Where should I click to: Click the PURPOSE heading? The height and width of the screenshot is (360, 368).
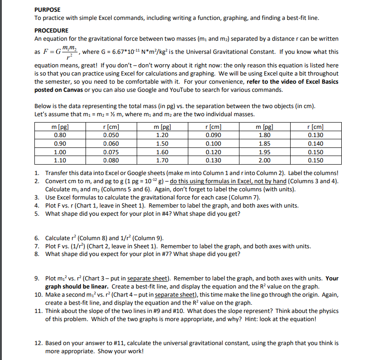pyautogui.click(x=48, y=9)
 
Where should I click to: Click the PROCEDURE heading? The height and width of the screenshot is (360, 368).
pyautogui.click(x=52, y=30)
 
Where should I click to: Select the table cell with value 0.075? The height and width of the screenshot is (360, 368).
pyautogui.click(x=111, y=152)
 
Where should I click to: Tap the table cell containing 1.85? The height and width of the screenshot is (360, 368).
pyautogui.click(x=264, y=144)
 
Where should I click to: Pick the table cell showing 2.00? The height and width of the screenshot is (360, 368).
pyautogui.click(x=264, y=160)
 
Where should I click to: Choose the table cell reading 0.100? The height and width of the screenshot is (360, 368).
pyautogui.click(x=213, y=144)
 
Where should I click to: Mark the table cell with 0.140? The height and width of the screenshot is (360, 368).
pyautogui.click(x=315, y=144)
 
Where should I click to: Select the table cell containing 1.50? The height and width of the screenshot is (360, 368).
pyautogui.click(x=162, y=144)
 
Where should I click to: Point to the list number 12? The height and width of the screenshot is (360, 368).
pyautogui.click(x=38, y=343)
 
